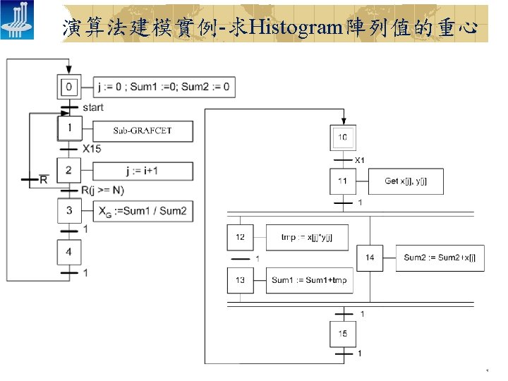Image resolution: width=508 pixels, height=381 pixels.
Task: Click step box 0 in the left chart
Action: pyautogui.click(x=68, y=87)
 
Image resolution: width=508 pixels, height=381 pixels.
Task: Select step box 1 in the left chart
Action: pyautogui.click(x=69, y=129)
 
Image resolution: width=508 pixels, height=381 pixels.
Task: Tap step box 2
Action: pyautogui.click(x=68, y=171)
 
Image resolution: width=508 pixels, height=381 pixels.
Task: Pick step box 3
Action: pyautogui.click(x=68, y=210)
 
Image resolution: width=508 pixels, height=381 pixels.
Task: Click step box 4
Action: pyautogui.click(x=68, y=251)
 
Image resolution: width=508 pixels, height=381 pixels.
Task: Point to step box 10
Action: pyautogui.click(x=342, y=137)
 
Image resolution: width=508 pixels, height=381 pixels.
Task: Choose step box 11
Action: pyautogui.click(x=342, y=181)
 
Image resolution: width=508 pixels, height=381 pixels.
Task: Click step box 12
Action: pyautogui.click(x=240, y=237)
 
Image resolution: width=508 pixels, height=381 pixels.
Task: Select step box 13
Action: pyautogui.click(x=240, y=280)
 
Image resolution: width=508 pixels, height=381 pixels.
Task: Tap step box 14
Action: pyautogui.click(x=370, y=258)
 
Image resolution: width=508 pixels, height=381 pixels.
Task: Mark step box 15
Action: pyautogui.click(x=342, y=334)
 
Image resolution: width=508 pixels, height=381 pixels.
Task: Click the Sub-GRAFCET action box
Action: pyautogui.click(x=143, y=131)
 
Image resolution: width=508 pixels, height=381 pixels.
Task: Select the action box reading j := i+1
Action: pyautogui.click(x=143, y=171)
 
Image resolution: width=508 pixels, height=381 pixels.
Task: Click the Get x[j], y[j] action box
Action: pyautogui.click(x=405, y=181)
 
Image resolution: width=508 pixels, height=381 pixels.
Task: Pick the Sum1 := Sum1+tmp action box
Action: pyautogui.click(x=309, y=280)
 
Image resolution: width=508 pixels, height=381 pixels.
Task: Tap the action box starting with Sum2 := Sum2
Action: pyautogui.click(x=439, y=258)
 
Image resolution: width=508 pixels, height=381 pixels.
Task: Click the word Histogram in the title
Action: pyautogui.click(x=294, y=28)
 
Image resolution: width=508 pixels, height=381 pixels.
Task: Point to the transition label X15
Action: pyautogui.click(x=92, y=149)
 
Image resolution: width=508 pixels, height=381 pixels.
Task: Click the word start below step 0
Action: pyautogui.click(x=92, y=108)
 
